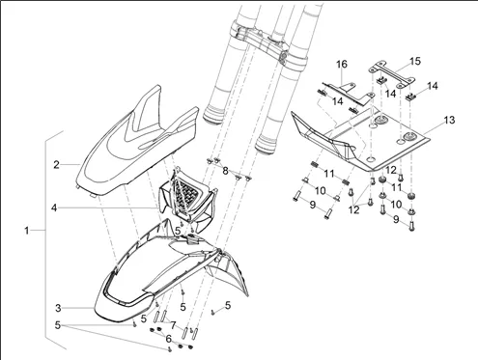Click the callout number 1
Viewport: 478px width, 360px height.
tap(27, 231)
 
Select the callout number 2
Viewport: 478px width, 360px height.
tap(57, 165)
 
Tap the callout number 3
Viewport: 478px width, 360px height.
tap(58, 308)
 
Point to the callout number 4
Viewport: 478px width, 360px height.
tap(54, 208)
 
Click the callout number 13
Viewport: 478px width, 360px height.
tap(450, 120)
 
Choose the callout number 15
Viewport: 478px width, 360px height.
tap(415, 61)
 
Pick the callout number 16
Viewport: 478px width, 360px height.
tap(342, 64)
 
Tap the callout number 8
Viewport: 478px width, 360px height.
tap(225, 171)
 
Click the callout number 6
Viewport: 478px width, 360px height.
tap(168, 339)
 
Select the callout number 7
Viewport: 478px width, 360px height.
tap(173, 325)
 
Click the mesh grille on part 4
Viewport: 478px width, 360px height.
tap(185, 194)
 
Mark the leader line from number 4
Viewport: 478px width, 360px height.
tap(108, 208)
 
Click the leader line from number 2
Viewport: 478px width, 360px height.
tap(70, 165)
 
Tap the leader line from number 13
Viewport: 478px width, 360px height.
tap(434, 128)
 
